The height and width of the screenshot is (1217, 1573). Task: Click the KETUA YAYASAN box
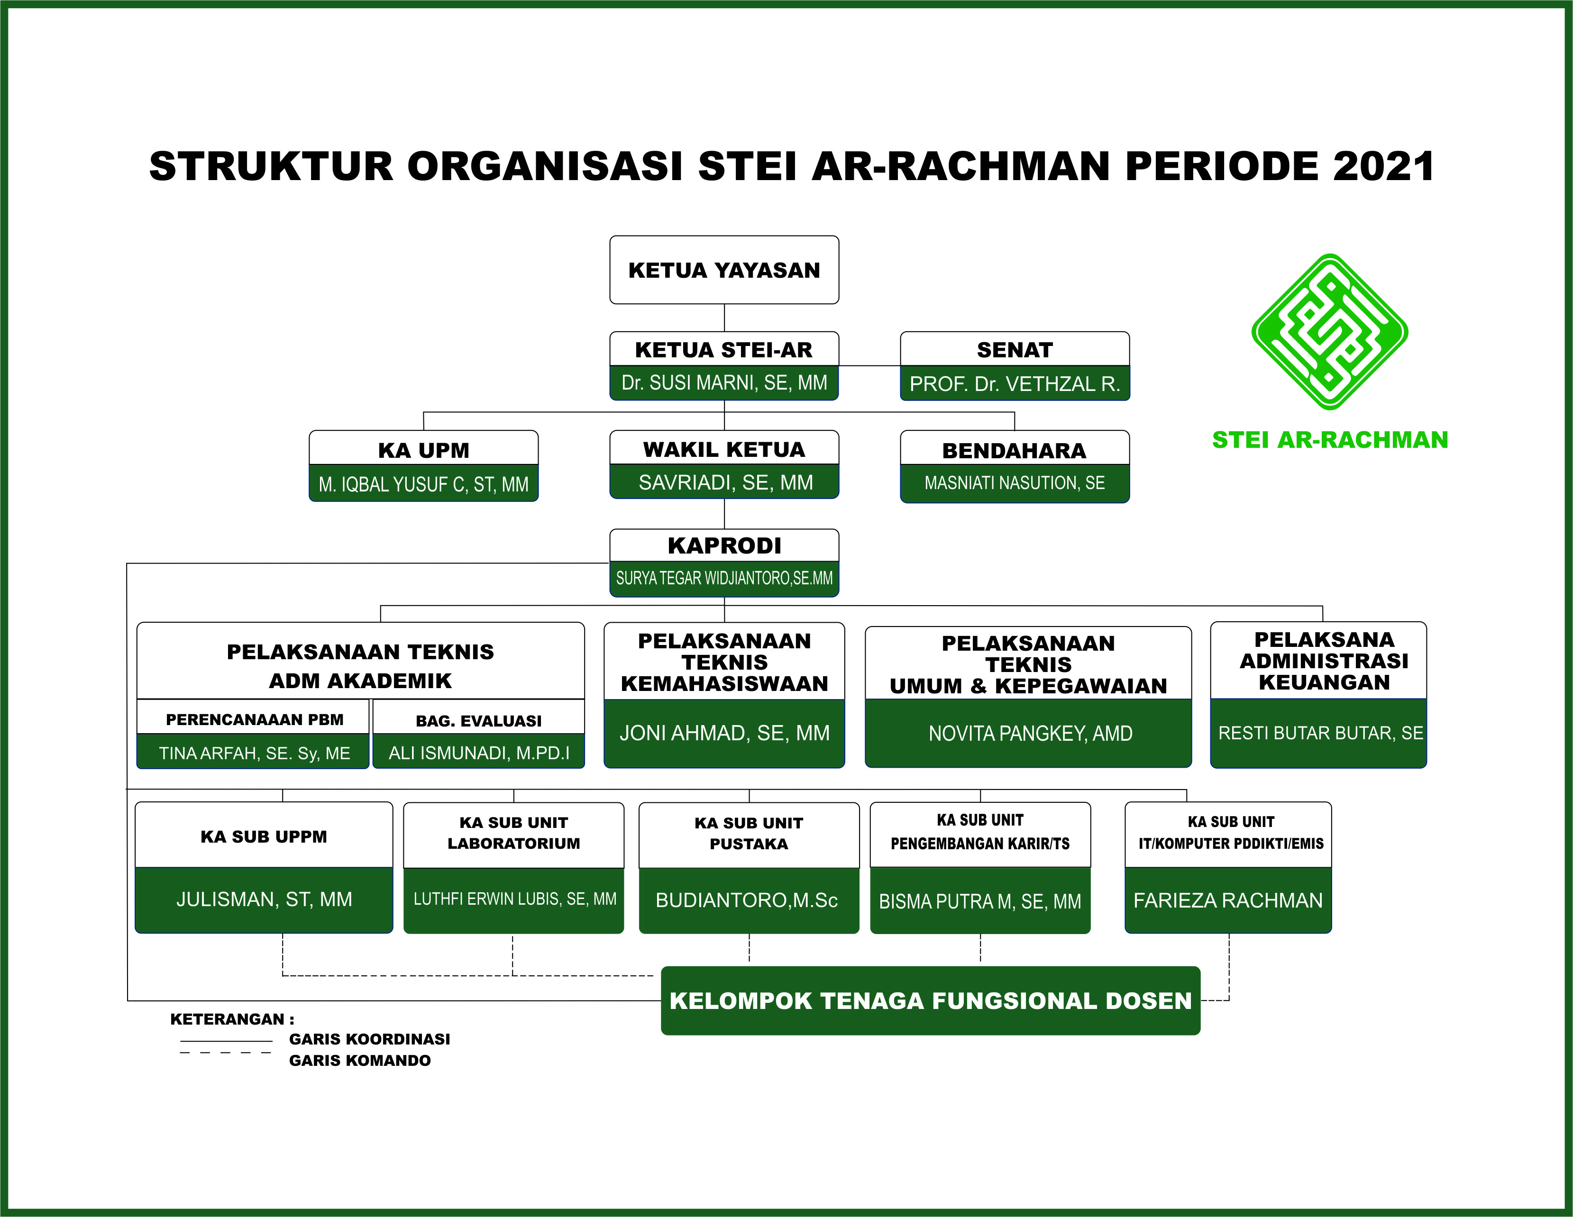pos(724,270)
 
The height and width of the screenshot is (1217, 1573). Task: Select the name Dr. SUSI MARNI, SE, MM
pos(724,382)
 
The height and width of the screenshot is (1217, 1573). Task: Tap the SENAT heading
pos(1014,350)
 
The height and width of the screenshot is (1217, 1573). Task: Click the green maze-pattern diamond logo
pos(1329,332)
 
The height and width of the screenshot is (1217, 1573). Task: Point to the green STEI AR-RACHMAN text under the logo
pos(1329,439)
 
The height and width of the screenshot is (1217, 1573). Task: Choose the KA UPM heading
pos(423,450)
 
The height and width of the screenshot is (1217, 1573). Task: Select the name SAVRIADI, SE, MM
pos(725,482)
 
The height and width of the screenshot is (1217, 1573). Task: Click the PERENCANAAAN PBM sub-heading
pos(254,719)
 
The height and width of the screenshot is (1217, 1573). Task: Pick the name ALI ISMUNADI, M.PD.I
pos(479,753)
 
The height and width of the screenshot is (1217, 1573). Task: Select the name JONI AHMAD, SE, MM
pos(724,733)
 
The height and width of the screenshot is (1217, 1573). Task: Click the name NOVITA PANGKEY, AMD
pos(1030,733)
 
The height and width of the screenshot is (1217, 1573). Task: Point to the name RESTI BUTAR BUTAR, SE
pos(1320,733)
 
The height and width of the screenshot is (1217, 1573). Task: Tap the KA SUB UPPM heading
pos(264,836)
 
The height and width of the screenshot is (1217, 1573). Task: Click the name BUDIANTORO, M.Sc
pos(747,900)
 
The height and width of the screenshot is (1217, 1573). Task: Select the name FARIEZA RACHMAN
pos(1228,900)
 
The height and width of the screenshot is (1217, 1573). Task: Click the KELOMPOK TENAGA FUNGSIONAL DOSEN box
pos(931,1000)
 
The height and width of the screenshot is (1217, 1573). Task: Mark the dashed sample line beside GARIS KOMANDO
pos(226,1053)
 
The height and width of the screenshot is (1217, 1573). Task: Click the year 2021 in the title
pos(1383,166)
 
